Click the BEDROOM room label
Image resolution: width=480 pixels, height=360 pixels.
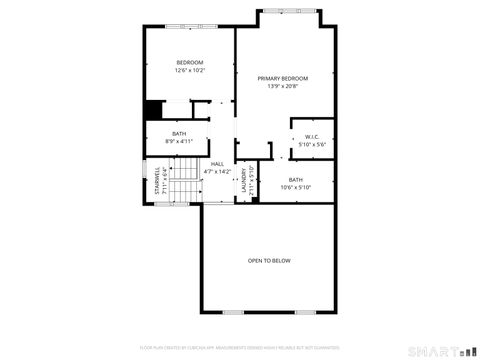[x=190, y=62]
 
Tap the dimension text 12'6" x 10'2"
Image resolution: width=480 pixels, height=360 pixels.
[x=190, y=70]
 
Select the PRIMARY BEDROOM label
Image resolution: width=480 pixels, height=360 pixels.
[x=282, y=78]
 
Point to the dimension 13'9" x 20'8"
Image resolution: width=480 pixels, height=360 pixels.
[x=282, y=86]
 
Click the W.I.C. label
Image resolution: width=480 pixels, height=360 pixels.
[x=312, y=137]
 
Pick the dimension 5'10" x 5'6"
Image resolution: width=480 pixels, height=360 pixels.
[x=312, y=145]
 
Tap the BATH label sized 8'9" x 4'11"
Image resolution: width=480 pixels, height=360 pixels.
[x=179, y=134]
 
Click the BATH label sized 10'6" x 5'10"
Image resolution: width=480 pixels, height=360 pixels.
[x=296, y=180]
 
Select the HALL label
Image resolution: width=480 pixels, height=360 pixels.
[x=217, y=164]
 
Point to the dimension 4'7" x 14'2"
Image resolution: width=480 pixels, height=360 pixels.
[x=217, y=172]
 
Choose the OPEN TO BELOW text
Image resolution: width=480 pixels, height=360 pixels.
[x=269, y=261]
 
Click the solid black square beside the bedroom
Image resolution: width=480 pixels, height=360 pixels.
[x=154, y=110]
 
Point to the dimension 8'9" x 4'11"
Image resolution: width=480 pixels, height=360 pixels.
[x=179, y=142]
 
